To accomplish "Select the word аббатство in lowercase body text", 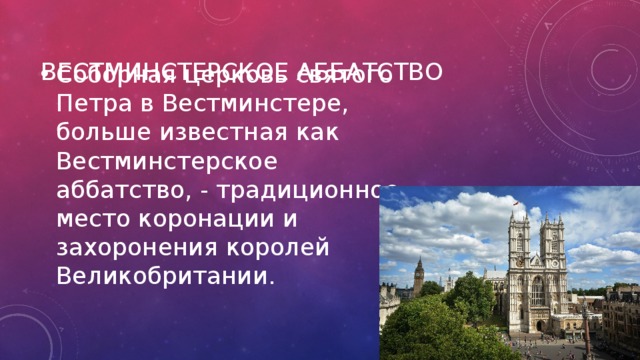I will point(113,189).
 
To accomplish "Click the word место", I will point(94,217).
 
